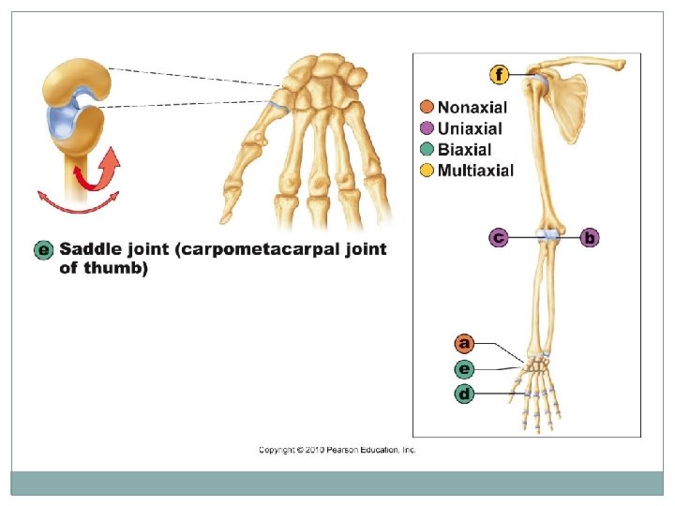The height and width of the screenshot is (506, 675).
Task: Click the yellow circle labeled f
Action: [500, 74]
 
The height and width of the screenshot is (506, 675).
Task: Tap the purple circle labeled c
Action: [499, 238]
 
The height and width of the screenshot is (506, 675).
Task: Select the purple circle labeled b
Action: [589, 238]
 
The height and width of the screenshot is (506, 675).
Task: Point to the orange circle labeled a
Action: [463, 343]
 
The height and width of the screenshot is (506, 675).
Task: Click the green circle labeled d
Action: [463, 394]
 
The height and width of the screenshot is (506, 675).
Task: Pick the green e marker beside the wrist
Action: [463, 368]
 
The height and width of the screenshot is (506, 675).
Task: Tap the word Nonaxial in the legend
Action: [473, 108]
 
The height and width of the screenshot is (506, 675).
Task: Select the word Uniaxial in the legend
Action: [470, 128]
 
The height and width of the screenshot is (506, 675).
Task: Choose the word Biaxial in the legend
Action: [465, 149]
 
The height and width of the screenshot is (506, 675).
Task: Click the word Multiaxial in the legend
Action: [475, 170]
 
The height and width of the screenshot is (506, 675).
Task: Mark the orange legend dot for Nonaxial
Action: [427, 108]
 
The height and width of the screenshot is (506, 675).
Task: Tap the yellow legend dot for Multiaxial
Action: [427, 170]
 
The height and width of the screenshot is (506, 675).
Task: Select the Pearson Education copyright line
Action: [337, 451]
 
